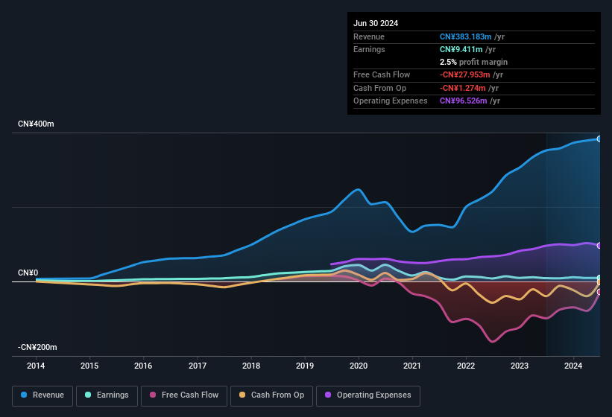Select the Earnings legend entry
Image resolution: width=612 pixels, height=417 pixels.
click(107, 395)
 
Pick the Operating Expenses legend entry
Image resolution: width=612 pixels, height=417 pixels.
click(368, 395)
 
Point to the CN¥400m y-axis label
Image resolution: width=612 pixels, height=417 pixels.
click(36, 124)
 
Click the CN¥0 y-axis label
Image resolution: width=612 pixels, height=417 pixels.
click(28, 273)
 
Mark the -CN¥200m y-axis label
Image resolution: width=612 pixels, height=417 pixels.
click(38, 347)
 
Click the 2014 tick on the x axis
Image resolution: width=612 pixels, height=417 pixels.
click(36, 366)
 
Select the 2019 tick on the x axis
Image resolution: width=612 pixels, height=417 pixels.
click(305, 366)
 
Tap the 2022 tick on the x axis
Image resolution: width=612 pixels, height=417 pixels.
click(466, 366)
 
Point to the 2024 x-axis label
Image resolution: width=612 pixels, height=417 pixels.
click(573, 366)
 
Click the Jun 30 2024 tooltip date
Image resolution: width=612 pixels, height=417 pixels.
click(376, 23)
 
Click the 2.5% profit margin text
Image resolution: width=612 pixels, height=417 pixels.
click(473, 62)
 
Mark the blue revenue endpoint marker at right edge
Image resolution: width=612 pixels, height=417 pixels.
click(599, 139)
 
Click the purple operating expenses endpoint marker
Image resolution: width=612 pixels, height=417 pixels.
click(599, 245)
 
